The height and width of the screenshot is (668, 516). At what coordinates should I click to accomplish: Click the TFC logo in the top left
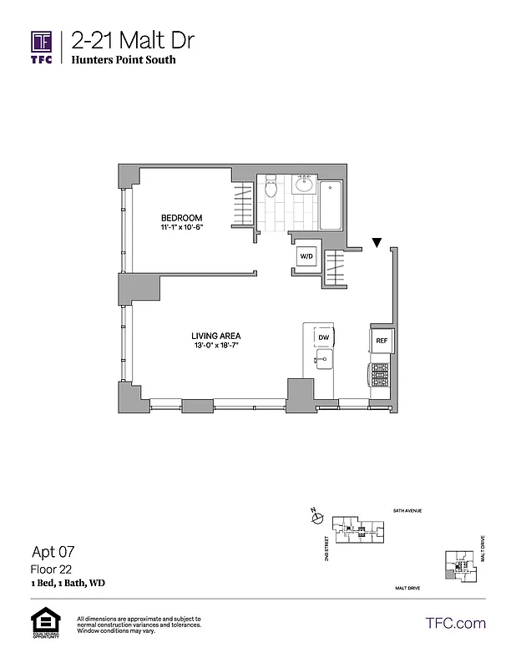click(42, 47)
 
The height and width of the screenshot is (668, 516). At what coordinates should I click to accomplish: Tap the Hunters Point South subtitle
click(124, 60)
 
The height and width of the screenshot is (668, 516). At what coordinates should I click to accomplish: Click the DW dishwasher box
click(324, 337)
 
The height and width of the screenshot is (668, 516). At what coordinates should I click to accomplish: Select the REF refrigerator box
click(381, 341)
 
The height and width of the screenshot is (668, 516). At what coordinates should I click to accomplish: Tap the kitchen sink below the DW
click(324, 361)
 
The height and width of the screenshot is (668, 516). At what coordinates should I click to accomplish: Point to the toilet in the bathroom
click(271, 189)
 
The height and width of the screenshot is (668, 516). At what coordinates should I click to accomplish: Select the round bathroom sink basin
click(301, 185)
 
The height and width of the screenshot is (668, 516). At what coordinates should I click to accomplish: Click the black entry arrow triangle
click(377, 244)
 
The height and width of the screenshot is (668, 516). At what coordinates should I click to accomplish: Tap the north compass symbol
click(316, 519)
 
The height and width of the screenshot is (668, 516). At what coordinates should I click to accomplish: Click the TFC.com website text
click(456, 623)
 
